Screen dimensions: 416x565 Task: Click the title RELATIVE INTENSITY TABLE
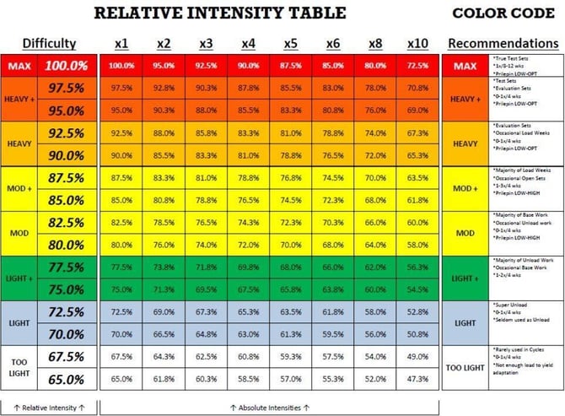point(219,13)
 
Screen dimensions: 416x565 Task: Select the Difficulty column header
point(49,43)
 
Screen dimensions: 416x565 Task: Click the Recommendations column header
point(503,43)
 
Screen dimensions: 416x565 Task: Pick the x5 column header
point(291,43)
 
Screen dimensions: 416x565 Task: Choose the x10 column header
point(417,43)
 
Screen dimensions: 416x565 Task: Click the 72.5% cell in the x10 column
point(417,66)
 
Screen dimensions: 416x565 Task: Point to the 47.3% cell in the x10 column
point(417,380)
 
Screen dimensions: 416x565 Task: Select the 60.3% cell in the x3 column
point(207,380)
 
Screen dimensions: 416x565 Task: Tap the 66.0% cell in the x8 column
point(375,223)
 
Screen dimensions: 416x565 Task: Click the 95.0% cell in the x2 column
point(164,66)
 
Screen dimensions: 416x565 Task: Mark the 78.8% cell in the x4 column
point(249,178)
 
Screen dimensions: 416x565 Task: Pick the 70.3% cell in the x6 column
point(333,223)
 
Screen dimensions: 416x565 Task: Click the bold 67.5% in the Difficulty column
point(67,357)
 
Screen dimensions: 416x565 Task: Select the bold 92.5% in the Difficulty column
point(67,133)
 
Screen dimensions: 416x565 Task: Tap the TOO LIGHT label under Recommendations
point(465,368)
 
